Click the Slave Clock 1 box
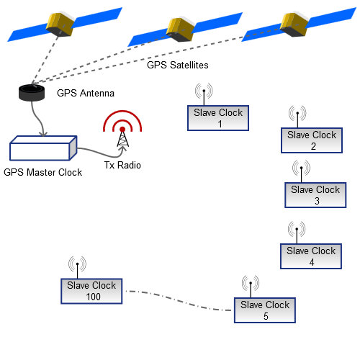(x=218, y=118)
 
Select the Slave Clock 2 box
(x=312, y=140)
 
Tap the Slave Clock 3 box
(x=315, y=195)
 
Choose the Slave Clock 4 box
(x=311, y=256)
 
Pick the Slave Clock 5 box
(x=265, y=310)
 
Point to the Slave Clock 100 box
(x=91, y=291)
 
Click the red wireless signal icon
(x=122, y=125)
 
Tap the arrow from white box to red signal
(x=101, y=153)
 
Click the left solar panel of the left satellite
(x=25, y=30)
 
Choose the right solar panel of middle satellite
(x=216, y=22)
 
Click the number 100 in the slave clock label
(x=92, y=297)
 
